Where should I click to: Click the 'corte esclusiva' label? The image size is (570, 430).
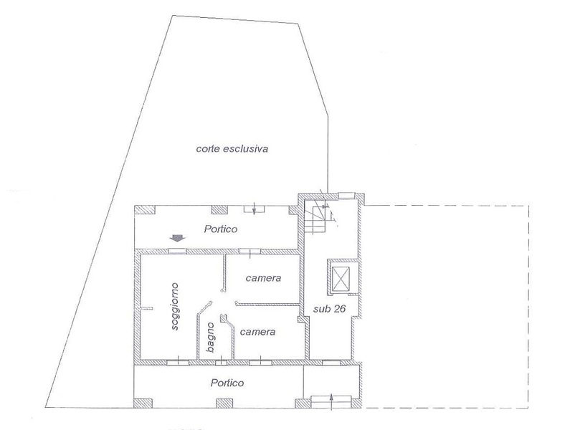point(232,148)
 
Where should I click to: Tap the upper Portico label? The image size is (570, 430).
point(221,229)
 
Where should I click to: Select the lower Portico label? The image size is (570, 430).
point(227,383)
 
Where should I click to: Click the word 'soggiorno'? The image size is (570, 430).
point(175,306)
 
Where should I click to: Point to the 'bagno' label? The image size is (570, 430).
point(210,337)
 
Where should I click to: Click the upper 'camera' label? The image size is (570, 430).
point(263,278)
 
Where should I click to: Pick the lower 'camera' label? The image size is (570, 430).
point(257,332)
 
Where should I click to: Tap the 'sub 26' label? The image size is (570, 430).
point(329,309)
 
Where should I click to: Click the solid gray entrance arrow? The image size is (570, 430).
point(177,238)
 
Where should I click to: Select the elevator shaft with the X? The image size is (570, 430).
point(341,279)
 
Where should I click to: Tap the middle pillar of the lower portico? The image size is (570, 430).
point(224,403)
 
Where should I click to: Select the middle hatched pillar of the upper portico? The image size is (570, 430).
point(219,210)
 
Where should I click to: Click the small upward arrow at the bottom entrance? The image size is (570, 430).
point(331,401)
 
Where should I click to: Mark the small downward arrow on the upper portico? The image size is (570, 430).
point(254,209)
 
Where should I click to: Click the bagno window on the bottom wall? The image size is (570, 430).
point(220,362)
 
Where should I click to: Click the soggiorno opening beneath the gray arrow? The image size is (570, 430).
point(177,251)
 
